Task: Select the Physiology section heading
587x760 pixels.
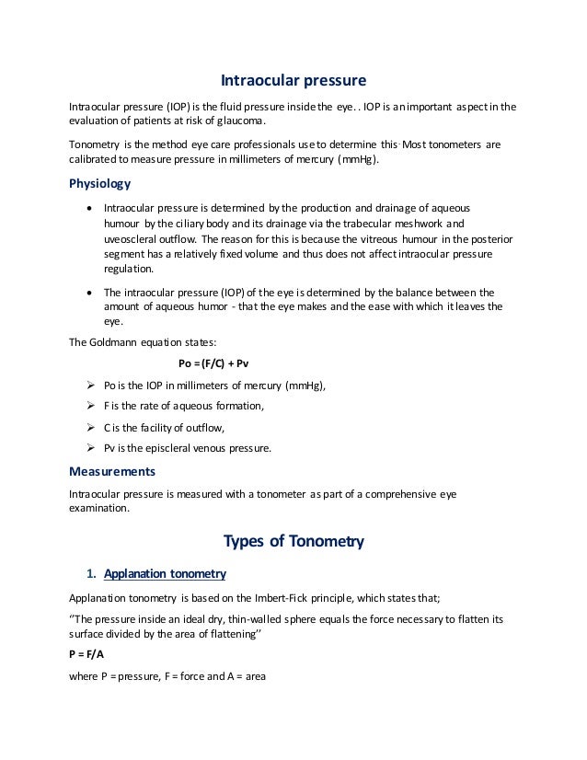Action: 100,182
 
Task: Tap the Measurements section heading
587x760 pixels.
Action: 112,471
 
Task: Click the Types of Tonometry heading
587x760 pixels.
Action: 293,540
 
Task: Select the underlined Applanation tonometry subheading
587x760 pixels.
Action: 165,575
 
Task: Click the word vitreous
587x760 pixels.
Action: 370,237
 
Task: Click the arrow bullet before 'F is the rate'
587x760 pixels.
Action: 91,406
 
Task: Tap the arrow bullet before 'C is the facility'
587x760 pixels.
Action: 91,427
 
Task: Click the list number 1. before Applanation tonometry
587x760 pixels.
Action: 90,575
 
